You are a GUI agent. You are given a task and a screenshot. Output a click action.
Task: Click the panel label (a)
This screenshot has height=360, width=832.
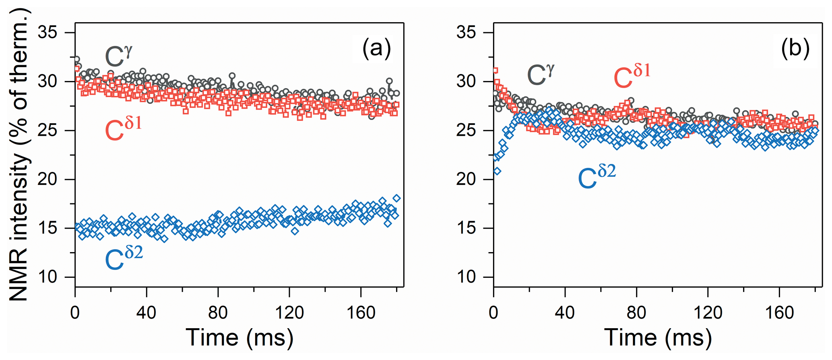(376, 49)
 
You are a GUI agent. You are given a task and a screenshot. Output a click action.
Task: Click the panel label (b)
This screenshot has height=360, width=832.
(795, 49)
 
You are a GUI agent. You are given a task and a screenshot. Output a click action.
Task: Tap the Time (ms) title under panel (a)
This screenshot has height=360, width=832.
(239, 337)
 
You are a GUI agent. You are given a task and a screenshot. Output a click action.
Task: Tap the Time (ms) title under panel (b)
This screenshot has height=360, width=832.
(658, 337)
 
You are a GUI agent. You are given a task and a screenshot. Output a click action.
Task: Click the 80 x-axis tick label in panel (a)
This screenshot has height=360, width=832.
(218, 312)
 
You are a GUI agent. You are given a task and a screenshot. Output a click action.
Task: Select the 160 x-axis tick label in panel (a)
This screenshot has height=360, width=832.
(361, 312)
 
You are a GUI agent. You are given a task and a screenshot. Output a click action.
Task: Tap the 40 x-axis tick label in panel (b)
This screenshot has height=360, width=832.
(565, 312)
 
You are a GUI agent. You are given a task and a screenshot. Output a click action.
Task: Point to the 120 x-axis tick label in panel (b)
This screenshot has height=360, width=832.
(708, 312)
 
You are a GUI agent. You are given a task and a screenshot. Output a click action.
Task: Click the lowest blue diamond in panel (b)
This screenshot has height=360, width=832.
(498, 171)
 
